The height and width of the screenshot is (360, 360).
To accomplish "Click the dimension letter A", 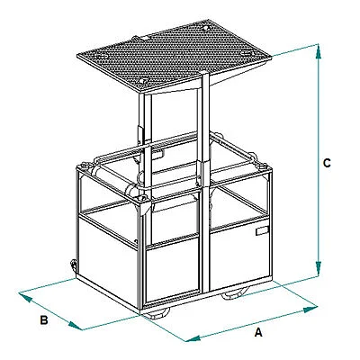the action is point(258,332).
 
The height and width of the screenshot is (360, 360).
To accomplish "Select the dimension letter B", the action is point(44,320).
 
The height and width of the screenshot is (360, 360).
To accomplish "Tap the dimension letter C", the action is point(327,163).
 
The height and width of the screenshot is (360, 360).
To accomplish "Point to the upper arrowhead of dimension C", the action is point(319,51).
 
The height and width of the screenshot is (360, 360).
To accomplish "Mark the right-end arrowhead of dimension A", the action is point(310,309).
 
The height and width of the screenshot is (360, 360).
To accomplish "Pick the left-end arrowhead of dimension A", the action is point(193,338).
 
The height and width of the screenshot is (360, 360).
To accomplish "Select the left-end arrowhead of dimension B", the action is point(25,297).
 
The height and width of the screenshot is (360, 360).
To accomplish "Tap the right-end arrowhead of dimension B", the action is point(75,326).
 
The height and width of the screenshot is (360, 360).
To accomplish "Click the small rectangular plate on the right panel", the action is point(262,231).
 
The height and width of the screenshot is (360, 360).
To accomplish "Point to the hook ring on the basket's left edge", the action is point(73,265).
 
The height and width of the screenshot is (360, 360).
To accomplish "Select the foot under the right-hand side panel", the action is point(235,294).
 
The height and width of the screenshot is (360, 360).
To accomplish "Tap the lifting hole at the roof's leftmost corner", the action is point(101,56).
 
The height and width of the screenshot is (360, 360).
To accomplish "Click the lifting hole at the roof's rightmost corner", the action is point(247,53).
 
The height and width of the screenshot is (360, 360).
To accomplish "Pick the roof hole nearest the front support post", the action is point(144,80).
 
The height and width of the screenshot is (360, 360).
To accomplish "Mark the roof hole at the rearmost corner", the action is point(205,28).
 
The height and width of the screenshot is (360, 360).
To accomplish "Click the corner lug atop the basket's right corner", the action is point(263,166).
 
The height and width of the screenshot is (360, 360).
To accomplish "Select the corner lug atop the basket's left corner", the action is point(83,166).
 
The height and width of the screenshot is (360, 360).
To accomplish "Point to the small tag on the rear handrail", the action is point(158,154).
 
